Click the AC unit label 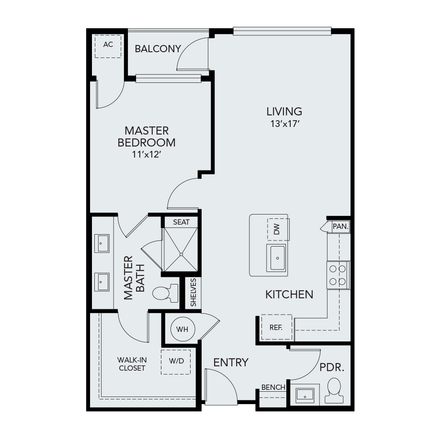click(108, 44)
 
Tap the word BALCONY click(158, 49)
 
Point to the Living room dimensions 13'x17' click(284, 124)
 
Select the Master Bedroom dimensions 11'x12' click(146, 155)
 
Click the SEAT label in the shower click(181, 222)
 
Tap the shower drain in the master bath click(181, 255)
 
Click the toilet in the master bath click(165, 293)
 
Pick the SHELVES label click(193, 292)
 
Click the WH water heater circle click(182, 329)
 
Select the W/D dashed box click(176, 362)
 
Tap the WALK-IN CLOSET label click(132, 363)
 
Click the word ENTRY click(231, 363)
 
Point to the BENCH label click(273, 387)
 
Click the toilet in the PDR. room click(334, 391)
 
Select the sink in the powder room click(305, 395)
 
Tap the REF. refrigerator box click(276, 327)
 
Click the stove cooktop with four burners click(338, 275)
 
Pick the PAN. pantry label click(340, 227)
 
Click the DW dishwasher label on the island click(277, 229)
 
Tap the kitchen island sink click(277, 258)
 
